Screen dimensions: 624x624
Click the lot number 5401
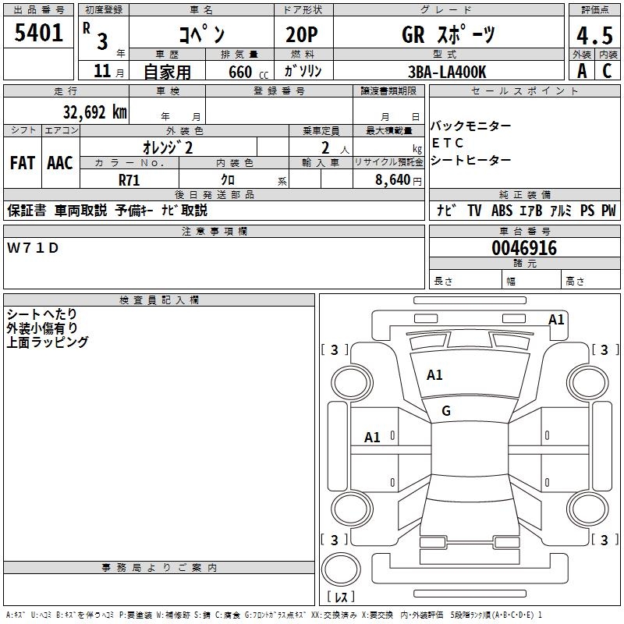tap(38, 33)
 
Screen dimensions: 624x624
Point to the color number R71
tap(129, 179)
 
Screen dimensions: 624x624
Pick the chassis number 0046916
tap(524, 248)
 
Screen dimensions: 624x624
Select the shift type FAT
tap(22, 163)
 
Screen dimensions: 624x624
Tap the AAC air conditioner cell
tap(60, 163)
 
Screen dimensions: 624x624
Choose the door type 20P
tap(296, 34)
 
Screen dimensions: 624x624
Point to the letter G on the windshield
tap(446, 410)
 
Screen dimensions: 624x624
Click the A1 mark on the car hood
tap(434, 375)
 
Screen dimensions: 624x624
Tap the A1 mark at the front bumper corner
tap(556, 319)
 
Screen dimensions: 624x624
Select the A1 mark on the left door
tap(373, 438)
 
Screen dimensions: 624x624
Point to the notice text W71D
tap(33, 247)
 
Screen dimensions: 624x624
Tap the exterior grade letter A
tap(581, 71)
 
